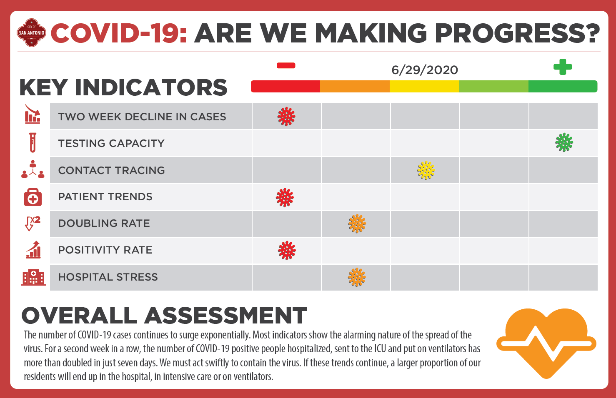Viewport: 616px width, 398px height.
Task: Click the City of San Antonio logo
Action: [x=31, y=33]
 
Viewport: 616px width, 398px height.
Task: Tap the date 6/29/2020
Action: [x=425, y=70]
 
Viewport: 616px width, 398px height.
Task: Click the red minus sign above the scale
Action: [x=286, y=65]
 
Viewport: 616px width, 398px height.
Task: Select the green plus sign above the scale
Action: [x=563, y=67]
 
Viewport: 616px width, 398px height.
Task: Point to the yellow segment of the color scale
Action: [x=424, y=86]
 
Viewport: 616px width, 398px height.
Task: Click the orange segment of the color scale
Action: [x=355, y=86]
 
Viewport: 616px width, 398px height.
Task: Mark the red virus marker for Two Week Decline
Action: [x=286, y=117]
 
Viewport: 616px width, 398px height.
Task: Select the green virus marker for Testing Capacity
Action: [x=564, y=142]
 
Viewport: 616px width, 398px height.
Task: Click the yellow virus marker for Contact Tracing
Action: [x=426, y=170]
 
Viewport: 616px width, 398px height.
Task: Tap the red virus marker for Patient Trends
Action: [x=285, y=197]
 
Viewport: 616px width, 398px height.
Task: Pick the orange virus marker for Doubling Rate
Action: [x=357, y=224]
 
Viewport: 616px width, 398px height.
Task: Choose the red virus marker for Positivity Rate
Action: [x=287, y=251]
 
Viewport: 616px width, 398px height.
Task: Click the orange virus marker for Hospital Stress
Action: [x=357, y=277]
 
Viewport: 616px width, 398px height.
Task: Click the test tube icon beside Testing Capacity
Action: [x=33, y=142]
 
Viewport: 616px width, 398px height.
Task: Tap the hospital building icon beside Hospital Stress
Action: [x=33, y=277]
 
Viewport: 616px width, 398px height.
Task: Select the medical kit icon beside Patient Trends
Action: [x=33, y=197]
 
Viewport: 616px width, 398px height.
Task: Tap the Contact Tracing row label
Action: [x=111, y=170]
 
